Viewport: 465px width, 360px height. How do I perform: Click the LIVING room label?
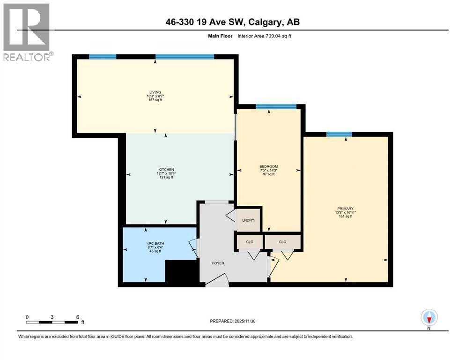pyautogui.click(x=155, y=92)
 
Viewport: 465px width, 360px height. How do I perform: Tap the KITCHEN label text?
pyautogui.click(x=166, y=169)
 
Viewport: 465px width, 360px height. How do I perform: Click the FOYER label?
pyautogui.click(x=218, y=263)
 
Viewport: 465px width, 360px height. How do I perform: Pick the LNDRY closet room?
pyautogui.click(x=247, y=220)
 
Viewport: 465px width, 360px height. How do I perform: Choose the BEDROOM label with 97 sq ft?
pyautogui.click(x=268, y=166)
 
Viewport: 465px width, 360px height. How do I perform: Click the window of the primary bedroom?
pyautogui.click(x=339, y=135)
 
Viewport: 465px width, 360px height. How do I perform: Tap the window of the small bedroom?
pyautogui.click(x=276, y=107)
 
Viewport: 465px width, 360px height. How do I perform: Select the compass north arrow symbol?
pyautogui.click(x=429, y=318)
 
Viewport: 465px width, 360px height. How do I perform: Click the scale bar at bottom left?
pyautogui.click(x=52, y=322)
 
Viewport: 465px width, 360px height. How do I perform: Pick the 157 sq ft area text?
pyautogui.click(x=155, y=100)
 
